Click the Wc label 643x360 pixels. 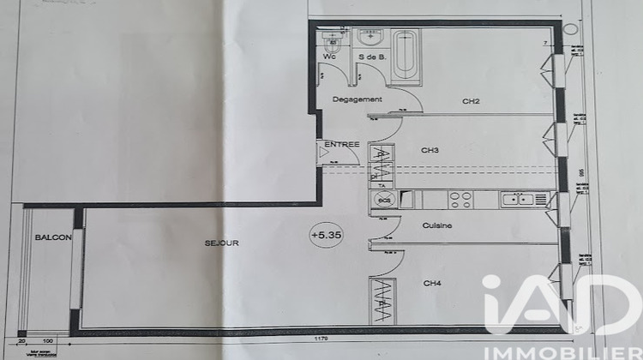click(x=329, y=57)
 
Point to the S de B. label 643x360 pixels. click(x=371, y=57)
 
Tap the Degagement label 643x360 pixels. click(x=358, y=99)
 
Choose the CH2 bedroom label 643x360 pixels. click(x=471, y=101)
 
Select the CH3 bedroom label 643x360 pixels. click(x=430, y=150)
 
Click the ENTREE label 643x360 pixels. click(x=341, y=145)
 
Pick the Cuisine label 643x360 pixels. click(x=436, y=226)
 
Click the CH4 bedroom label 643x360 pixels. click(x=431, y=282)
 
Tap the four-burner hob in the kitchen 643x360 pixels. click(x=460, y=200)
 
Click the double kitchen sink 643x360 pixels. click(x=518, y=200)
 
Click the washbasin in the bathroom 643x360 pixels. click(x=372, y=39)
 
